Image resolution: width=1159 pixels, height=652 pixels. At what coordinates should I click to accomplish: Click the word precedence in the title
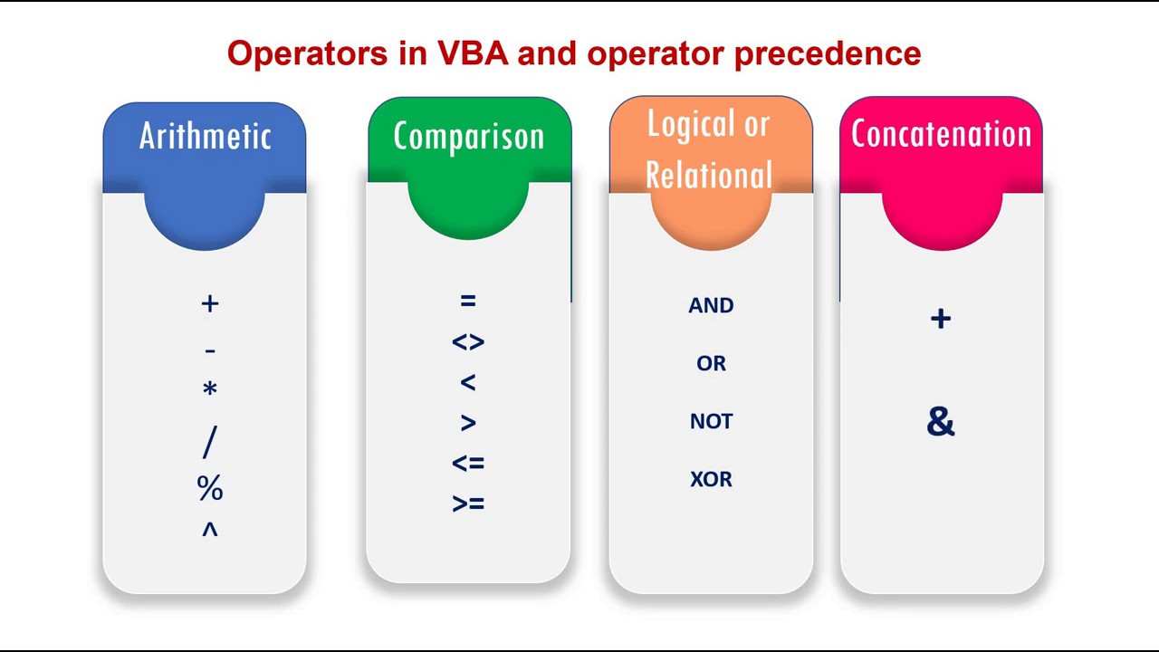point(827,53)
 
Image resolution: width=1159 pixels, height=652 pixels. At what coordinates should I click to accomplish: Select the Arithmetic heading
point(206,136)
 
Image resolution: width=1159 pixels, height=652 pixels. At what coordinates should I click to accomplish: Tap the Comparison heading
point(469,136)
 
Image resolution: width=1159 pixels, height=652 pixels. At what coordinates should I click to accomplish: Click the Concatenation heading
point(941,134)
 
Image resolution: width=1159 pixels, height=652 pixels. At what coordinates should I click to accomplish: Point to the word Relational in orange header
point(709,175)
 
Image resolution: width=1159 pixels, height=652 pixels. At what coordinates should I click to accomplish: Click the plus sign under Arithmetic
point(210,303)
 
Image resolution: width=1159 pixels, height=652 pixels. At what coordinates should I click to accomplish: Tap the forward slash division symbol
point(210,442)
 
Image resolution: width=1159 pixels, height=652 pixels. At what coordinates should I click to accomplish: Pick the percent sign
point(210,488)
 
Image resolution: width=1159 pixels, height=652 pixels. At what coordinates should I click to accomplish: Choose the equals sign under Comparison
point(468,301)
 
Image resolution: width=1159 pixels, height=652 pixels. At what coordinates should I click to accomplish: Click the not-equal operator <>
point(468,342)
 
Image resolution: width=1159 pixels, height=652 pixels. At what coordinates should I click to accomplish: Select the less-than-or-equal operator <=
point(468,464)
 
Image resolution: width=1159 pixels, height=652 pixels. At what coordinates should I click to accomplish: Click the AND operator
point(711,306)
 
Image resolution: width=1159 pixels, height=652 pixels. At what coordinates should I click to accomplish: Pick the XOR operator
point(711,480)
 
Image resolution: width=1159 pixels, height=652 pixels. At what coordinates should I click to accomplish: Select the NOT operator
point(711,422)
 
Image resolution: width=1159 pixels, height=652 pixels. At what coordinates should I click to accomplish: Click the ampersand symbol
point(941,422)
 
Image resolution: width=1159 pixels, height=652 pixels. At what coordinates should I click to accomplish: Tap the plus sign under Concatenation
point(941,319)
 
